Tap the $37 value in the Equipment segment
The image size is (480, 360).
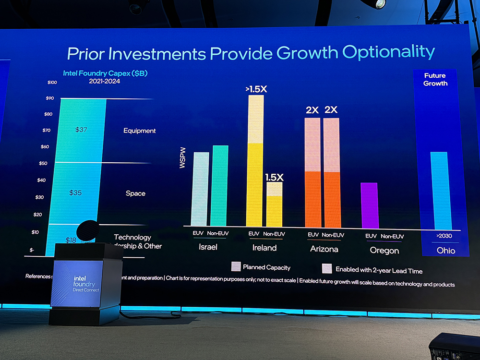coord(82,130)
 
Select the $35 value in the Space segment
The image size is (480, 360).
coord(76,192)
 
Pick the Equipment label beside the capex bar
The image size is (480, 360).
coord(140,131)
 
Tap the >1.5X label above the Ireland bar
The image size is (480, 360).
coord(256,89)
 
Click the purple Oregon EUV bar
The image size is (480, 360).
coord(369,205)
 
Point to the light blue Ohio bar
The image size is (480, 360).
coord(439,191)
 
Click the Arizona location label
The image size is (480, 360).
coord(324,249)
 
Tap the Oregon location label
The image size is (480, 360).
coord(384,250)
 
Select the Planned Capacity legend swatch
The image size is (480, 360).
coord(236,267)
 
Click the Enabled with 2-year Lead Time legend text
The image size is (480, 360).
coord(379,270)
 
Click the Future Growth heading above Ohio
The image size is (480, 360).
coord(435,79)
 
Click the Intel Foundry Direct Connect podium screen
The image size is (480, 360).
coord(77,283)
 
